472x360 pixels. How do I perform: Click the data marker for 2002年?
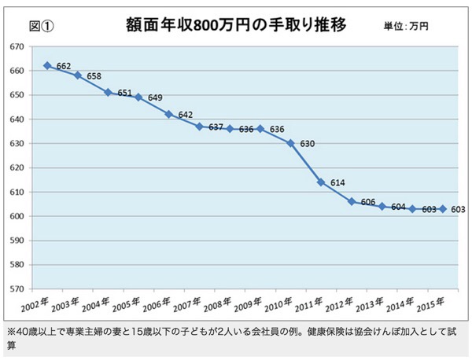(x=47, y=65)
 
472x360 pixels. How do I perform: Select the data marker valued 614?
(x=320, y=182)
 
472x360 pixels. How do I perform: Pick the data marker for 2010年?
(x=290, y=143)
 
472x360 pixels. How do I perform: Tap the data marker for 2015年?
(x=442, y=208)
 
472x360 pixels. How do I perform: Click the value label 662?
(x=64, y=67)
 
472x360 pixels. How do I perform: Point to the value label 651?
(x=124, y=93)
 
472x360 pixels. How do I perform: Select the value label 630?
(x=307, y=144)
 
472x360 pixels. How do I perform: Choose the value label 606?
(x=368, y=203)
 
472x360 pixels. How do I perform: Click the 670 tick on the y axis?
(x=14, y=46)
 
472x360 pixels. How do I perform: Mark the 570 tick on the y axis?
(x=14, y=289)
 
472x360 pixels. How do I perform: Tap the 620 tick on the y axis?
(x=14, y=167)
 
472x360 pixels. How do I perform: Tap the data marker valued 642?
(x=168, y=114)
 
